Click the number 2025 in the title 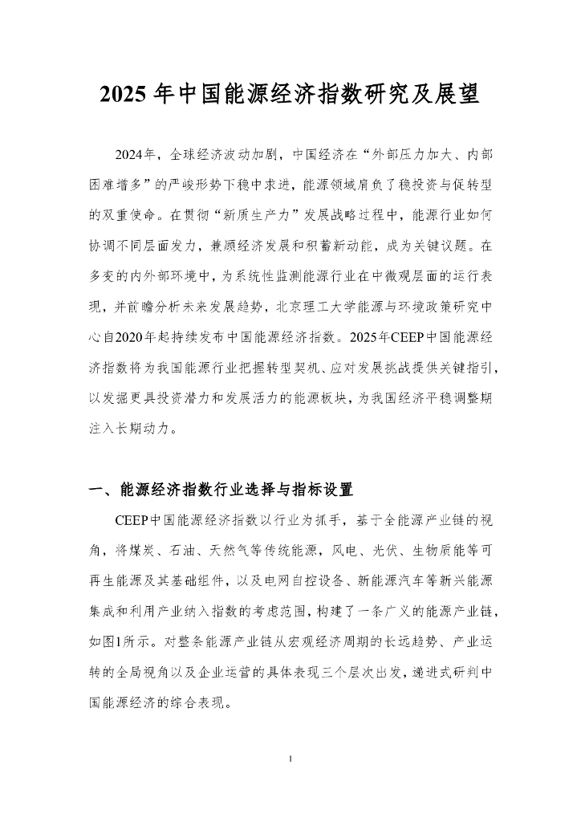click(124, 95)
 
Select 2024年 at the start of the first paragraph click(136, 154)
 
